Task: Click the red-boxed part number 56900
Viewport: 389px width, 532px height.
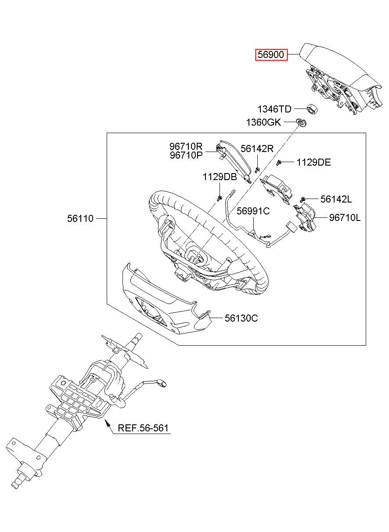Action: click(x=271, y=54)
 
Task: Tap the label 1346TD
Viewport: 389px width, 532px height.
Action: click(x=274, y=109)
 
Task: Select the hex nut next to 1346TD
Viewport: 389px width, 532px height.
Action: click(x=312, y=109)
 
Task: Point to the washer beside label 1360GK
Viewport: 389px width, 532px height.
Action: click(x=302, y=123)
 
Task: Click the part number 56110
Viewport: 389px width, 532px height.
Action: click(x=80, y=218)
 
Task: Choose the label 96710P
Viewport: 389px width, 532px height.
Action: click(x=186, y=156)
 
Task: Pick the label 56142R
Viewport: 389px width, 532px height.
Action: click(x=257, y=148)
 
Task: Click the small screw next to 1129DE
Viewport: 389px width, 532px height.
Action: click(x=279, y=163)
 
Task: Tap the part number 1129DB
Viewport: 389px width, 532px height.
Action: click(x=220, y=177)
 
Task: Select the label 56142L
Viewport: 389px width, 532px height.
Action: click(x=336, y=199)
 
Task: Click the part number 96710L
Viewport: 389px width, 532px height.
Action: click(x=345, y=217)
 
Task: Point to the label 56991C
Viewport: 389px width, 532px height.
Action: click(x=253, y=211)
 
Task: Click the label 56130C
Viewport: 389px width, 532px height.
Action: click(x=241, y=318)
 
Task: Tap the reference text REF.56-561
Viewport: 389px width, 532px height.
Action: click(x=143, y=428)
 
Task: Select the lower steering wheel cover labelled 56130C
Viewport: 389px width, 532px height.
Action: click(x=166, y=299)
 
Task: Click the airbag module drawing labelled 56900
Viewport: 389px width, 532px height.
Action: click(x=341, y=79)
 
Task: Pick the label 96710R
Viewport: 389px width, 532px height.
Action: click(x=186, y=146)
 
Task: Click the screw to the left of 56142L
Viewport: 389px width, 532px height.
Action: click(x=303, y=199)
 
